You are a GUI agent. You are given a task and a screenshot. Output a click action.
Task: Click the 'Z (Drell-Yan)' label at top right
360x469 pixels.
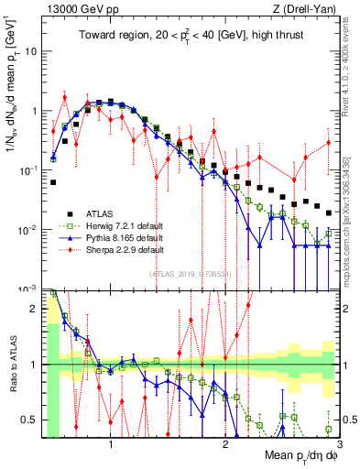point(309,9)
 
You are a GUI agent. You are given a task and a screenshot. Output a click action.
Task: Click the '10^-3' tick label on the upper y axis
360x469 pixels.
point(28,289)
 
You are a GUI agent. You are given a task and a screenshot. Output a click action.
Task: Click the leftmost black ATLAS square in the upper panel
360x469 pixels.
point(53,182)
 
